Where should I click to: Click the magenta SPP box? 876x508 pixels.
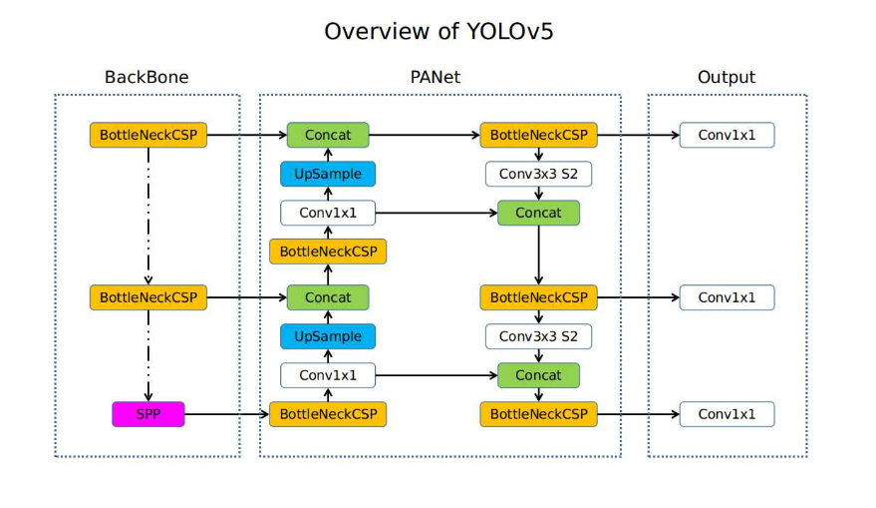(x=147, y=414)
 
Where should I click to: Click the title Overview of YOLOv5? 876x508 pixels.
(x=438, y=31)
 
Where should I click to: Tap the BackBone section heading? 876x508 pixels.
(x=146, y=77)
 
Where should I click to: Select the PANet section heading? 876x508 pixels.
(x=436, y=77)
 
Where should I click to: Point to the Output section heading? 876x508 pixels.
(x=726, y=77)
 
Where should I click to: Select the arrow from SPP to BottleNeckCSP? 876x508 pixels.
(x=226, y=414)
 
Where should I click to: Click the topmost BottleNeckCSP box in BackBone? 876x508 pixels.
(x=147, y=135)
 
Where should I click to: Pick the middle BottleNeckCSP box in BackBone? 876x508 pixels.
(x=147, y=297)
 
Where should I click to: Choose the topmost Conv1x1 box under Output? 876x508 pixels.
(x=727, y=135)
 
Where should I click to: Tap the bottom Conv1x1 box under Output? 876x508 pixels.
(x=727, y=414)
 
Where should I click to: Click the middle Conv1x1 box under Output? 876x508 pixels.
(x=727, y=297)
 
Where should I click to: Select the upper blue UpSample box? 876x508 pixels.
(x=328, y=174)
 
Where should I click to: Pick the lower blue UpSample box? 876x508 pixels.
(x=328, y=336)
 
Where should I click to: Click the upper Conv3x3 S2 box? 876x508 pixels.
(x=538, y=174)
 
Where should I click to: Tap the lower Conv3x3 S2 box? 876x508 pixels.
(x=538, y=336)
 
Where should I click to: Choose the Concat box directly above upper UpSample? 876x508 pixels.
(x=328, y=135)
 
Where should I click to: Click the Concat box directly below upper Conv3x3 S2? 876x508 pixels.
(x=538, y=213)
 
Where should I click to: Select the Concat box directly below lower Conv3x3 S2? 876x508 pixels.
(x=538, y=375)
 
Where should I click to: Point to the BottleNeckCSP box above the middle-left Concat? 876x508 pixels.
(x=328, y=252)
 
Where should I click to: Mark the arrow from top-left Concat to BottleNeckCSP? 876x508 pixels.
(x=424, y=135)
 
